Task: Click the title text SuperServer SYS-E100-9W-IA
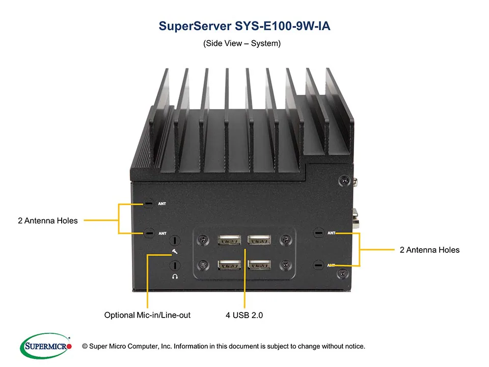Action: [244, 26]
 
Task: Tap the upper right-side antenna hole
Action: [318, 233]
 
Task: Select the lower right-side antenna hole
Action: [318, 265]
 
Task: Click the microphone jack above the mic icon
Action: [175, 241]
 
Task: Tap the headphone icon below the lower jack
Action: [175, 276]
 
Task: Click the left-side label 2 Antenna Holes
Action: [47, 221]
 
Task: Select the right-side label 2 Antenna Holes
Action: [429, 250]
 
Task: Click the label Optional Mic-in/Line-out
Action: [147, 315]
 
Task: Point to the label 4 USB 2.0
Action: [244, 315]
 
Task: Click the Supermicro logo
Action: [45, 347]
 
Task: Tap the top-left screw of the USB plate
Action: [203, 239]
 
